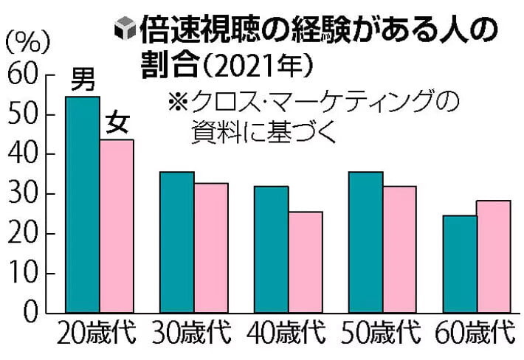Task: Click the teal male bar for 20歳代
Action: click(x=83, y=204)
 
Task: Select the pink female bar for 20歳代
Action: click(x=117, y=226)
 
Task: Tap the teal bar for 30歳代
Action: click(x=177, y=242)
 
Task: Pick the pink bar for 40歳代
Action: click(x=306, y=262)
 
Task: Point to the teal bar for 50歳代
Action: click(x=366, y=242)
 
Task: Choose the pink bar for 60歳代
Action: click(x=494, y=257)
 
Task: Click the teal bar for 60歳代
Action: click(x=461, y=264)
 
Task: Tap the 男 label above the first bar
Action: click(x=83, y=79)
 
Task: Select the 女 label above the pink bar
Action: click(x=117, y=122)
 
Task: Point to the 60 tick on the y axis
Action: click(x=22, y=75)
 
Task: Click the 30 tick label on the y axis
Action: click(x=22, y=194)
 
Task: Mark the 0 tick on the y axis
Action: click(x=31, y=313)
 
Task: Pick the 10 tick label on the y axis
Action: click(x=22, y=273)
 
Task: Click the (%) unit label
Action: click(x=28, y=42)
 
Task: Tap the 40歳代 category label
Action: click(x=286, y=332)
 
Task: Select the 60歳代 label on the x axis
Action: click(x=475, y=332)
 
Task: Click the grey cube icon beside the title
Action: click(x=125, y=28)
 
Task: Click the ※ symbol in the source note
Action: click(x=178, y=101)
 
